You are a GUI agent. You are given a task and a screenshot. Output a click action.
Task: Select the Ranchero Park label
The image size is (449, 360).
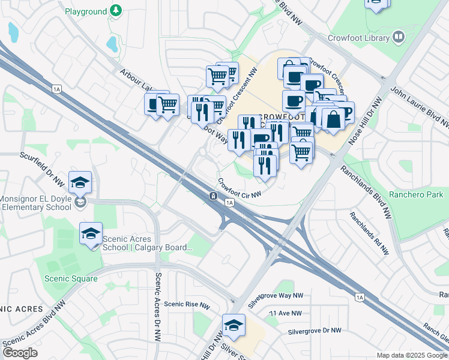tap(415, 194)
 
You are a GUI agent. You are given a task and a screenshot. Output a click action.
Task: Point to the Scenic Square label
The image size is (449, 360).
tap(71, 278)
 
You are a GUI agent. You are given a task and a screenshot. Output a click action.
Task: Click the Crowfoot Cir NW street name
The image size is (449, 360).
tap(240, 188)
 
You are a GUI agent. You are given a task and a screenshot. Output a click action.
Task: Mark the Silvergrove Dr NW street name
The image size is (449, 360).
tap(314, 331)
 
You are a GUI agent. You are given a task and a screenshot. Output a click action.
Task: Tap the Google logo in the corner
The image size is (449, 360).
tap(20, 353)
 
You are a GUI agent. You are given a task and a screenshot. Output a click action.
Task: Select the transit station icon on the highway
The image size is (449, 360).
tap(213, 196)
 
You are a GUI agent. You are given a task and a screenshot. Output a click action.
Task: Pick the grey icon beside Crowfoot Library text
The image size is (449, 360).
tap(399, 37)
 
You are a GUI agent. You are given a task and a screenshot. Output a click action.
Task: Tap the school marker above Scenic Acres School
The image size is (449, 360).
tap(91, 233)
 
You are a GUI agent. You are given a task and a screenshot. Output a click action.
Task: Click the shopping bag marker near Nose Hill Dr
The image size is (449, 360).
tap(333, 119)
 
